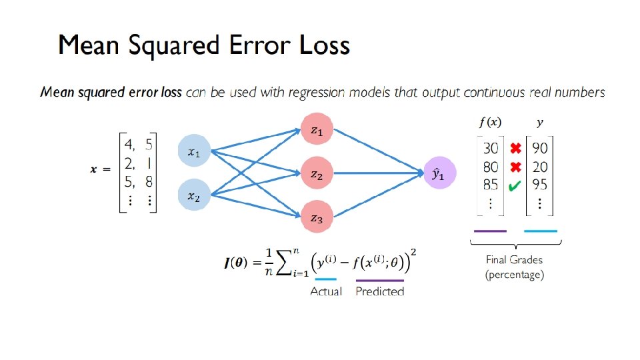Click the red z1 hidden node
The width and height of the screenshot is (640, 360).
click(x=317, y=131)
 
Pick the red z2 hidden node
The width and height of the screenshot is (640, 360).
click(x=317, y=175)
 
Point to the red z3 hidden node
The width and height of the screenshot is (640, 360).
click(x=317, y=217)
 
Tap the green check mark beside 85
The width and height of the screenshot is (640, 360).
click(x=515, y=187)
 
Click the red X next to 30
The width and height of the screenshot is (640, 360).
click(x=515, y=148)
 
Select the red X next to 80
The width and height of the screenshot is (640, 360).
click(x=515, y=167)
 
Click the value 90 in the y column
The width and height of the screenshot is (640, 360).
click(x=540, y=148)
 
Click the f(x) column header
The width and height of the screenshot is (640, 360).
click(x=490, y=123)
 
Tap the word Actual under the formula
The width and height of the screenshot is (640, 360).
click(x=326, y=291)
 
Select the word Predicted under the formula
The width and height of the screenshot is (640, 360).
click(x=380, y=291)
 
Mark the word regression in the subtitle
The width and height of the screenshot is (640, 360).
click(x=315, y=93)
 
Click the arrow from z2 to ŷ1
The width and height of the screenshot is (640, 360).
click(x=380, y=175)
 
